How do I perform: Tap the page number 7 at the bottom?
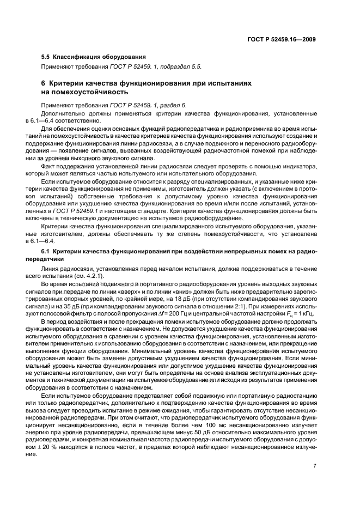pos(315,465)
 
